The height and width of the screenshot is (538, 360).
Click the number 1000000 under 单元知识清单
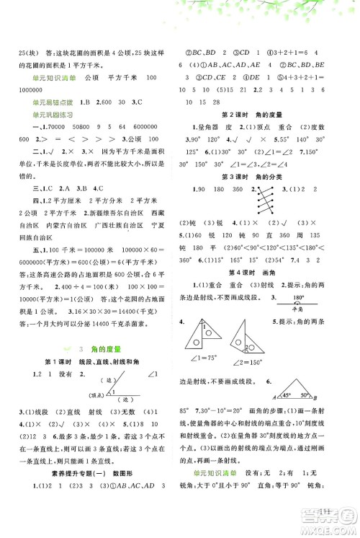(x=30, y=91)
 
